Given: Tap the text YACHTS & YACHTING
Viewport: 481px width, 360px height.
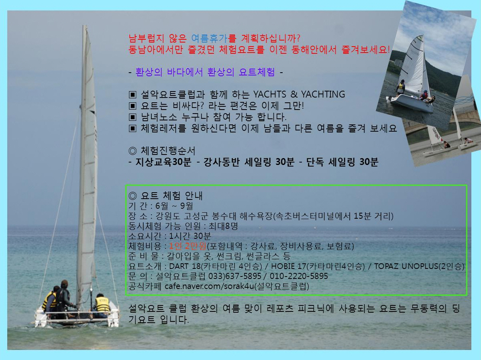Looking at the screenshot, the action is coord(299,94).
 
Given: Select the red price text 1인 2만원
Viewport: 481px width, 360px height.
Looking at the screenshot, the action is coord(188,246).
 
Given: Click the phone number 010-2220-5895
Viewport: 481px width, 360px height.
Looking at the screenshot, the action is coord(299,276).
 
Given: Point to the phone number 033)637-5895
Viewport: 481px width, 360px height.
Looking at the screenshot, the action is coord(234,276).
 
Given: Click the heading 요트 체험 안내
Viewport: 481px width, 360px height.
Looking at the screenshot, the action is coord(171,195).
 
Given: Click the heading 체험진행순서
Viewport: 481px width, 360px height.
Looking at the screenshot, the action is coord(168,151).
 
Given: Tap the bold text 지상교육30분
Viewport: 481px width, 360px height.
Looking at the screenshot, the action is coord(163,162).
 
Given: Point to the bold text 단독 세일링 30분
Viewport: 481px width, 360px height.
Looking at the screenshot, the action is coord(342,162).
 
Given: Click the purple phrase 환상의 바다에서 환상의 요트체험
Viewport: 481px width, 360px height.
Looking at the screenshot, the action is coord(205,72).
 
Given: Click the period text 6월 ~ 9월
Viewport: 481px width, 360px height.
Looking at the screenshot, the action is coord(174,206).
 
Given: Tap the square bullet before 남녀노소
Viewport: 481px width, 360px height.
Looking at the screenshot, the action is coord(132,117).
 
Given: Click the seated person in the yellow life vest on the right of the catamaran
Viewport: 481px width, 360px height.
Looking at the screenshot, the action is coord(102,305).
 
